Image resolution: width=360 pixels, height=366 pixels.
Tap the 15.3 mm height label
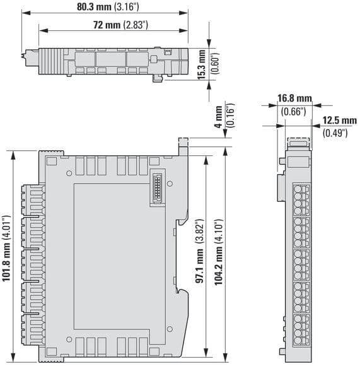(202, 64)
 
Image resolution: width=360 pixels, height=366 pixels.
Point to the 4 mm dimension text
(219, 117)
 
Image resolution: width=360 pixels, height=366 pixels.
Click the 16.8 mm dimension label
(294, 98)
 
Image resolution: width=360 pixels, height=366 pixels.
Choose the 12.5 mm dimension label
(339, 121)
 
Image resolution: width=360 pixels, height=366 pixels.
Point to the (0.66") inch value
(293, 112)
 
